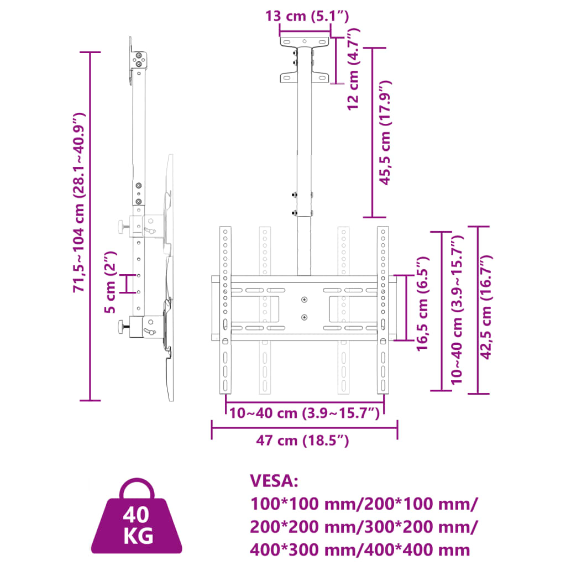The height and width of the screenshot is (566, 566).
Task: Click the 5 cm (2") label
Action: click(111, 282)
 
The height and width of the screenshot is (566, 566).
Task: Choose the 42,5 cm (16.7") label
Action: click(486, 308)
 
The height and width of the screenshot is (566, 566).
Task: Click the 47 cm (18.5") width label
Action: click(302, 441)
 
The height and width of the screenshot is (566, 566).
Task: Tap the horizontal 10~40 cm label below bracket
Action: click(304, 413)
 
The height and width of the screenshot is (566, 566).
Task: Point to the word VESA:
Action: click(274, 481)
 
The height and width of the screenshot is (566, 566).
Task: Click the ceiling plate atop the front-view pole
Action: click(305, 42)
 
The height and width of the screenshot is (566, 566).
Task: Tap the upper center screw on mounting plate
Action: click(304, 300)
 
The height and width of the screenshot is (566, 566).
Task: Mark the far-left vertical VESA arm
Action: click(225, 310)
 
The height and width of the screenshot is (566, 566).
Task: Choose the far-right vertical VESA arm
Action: click(382, 310)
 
